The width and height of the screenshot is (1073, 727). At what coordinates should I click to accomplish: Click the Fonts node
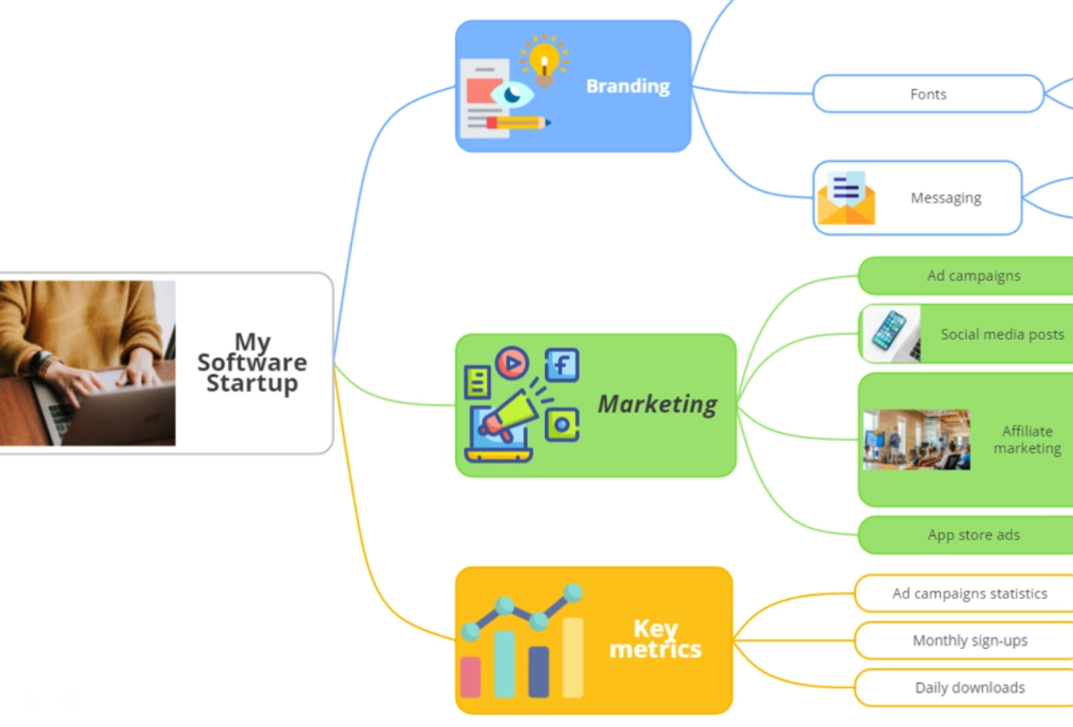click(928, 94)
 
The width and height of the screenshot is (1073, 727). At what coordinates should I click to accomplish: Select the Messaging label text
click(946, 198)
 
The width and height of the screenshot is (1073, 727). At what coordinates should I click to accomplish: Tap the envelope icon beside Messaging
click(846, 199)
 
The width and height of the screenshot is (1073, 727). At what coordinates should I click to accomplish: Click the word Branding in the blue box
click(628, 86)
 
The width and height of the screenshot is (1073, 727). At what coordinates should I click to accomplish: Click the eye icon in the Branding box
click(513, 94)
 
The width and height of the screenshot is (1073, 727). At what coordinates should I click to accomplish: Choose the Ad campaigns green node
click(973, 276)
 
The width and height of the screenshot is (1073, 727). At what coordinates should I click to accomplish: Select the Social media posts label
click(1002, 335)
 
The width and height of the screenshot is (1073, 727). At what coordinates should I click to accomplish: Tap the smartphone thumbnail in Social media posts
click(891, 334)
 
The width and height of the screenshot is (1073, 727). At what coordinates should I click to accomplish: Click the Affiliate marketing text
click(1027, 440)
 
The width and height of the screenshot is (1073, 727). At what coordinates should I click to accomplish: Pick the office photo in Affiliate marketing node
click(916, 440)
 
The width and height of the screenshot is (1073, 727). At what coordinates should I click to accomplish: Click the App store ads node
click(973, 536)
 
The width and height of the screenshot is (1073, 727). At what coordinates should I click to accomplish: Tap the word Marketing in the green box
click(658, 404)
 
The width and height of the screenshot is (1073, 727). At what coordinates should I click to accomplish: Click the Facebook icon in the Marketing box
click(562, 365)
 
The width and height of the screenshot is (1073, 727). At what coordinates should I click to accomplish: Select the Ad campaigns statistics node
click(970, 594)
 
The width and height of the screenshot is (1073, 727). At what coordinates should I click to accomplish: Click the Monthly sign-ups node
click(970, 641)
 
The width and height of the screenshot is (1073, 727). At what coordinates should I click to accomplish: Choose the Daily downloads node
click(970, 688)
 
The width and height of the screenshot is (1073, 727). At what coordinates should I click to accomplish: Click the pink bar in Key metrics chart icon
click(470, 677)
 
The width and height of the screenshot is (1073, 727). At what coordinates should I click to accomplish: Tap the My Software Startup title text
click(253, 363)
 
